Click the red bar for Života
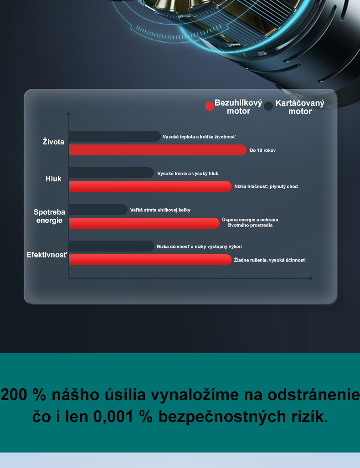158,150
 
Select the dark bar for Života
115,136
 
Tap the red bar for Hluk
150,186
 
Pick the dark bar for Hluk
111,173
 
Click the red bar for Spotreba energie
144,223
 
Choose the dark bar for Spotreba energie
98,210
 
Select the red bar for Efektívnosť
150,260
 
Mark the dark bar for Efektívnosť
111,246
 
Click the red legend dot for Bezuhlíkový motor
210,106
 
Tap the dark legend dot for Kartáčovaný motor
268,106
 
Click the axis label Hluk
53,179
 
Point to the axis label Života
53,141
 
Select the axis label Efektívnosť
47,255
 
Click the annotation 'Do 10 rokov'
262,150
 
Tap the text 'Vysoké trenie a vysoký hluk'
188,174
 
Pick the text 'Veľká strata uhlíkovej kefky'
160,210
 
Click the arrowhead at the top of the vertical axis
69,113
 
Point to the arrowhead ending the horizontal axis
311,278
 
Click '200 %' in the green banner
23,395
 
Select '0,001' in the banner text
113,417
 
